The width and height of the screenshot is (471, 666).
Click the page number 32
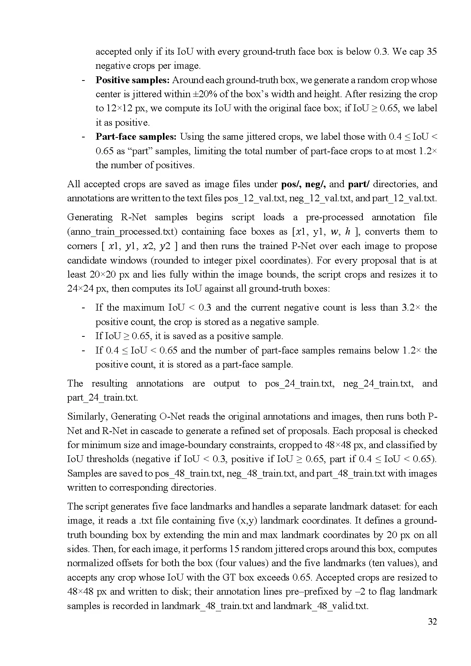point(432,622)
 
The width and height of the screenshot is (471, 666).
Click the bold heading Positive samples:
point(133,80)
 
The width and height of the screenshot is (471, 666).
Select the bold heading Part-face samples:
point(136,137)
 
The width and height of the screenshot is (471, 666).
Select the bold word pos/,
point(291,184)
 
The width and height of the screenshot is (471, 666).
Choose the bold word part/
point(359,184)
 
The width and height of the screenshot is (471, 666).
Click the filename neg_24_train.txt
point(378,384)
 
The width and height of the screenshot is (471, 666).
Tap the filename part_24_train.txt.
point(103,398)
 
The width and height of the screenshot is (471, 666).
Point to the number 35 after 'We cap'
point(432,52)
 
